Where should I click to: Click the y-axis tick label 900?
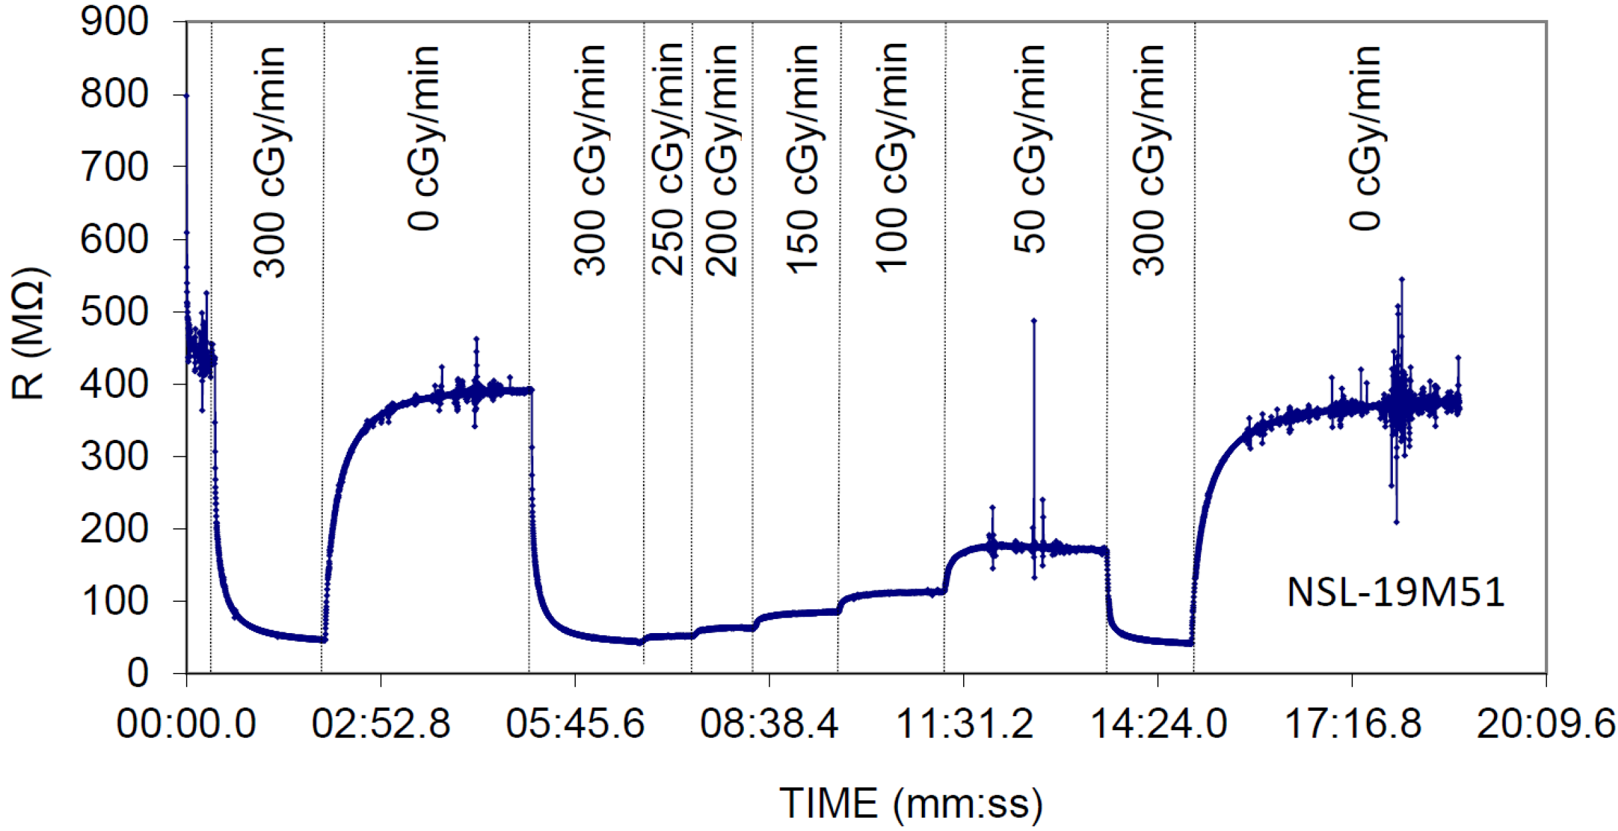(114, 23)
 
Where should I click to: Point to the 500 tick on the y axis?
(114, 312)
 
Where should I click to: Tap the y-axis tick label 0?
(137, 674)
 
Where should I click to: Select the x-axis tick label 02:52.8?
(381, 723)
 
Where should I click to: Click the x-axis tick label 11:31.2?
(964, 723)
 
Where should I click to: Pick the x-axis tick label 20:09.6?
(1546, 723)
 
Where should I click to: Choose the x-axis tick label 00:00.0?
(187, 723)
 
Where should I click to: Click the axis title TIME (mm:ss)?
(911, 803)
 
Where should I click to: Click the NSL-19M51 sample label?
(1395, 592)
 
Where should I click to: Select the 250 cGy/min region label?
(668, 159)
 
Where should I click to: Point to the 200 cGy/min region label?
(722, 159)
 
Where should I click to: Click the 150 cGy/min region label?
(802, 159)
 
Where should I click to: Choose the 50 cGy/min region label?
(1030, 149)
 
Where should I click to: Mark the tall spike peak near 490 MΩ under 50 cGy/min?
(1034, 321)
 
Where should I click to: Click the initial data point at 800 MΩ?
(187, 96)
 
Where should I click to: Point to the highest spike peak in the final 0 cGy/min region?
(1401, 279)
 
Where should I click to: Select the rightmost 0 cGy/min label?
(1366, 138)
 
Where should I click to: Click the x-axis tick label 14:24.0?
(1158, 723)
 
